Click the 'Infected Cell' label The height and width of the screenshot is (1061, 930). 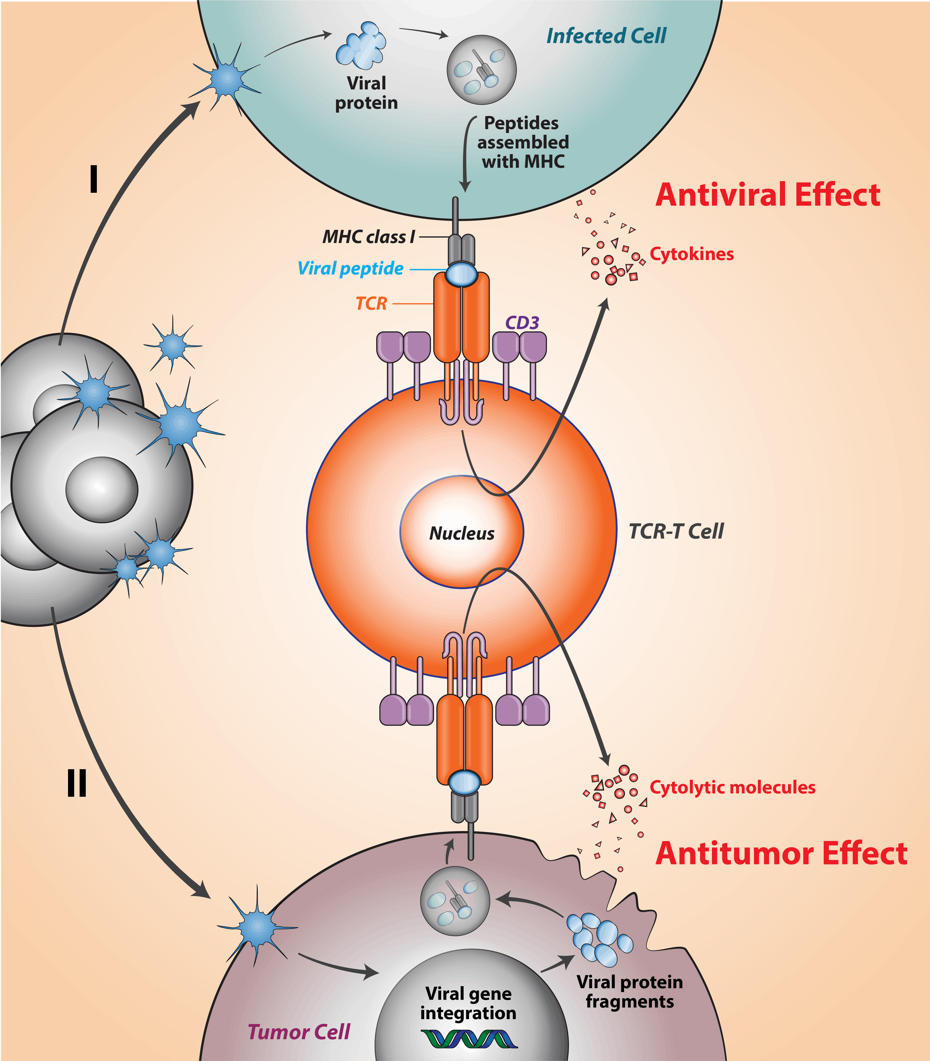pyautogui.click(x=606, y=36)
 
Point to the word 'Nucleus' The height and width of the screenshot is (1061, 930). pyautogui.click(x=462, y=533)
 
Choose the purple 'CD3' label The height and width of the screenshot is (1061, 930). pyautogui.click(x=522, y=322)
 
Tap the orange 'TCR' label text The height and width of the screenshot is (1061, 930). pyautogui.click(x=371, y=303)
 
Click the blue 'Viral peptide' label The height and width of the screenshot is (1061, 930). pyautogui.click(x=350, y=268)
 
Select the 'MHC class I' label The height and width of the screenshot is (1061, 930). pyautogui.click(x=369, y=237)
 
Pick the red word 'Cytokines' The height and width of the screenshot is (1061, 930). pyautogui.click(x=692, y=254)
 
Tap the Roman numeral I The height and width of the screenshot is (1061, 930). pyautogui.click(x=93, y=179)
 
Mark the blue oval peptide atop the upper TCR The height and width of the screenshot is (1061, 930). pyautogui.click(x=462, y=274)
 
